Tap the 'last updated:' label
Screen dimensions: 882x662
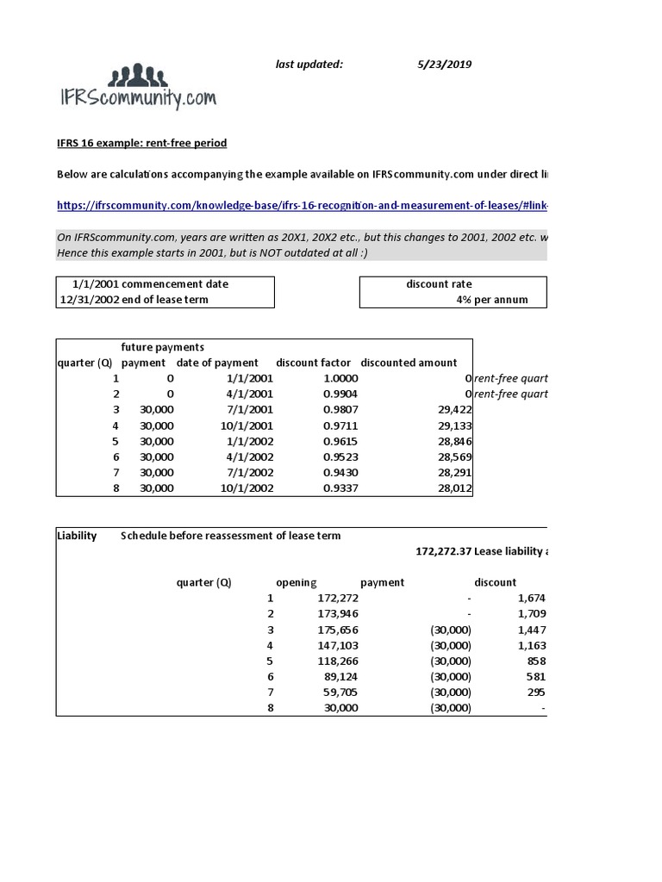tap(309, 64)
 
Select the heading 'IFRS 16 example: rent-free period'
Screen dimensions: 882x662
tap(142, 143)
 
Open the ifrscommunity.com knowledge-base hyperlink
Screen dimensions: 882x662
tap(303, 206)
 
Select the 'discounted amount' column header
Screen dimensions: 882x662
tap(409, 363)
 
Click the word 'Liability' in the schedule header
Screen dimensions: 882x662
tap(78, 536)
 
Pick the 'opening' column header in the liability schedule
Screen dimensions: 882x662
tap(296, 582)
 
